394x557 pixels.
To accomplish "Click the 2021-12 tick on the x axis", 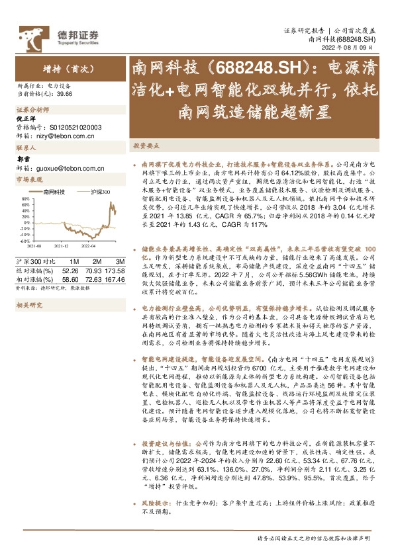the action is (62, 245).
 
